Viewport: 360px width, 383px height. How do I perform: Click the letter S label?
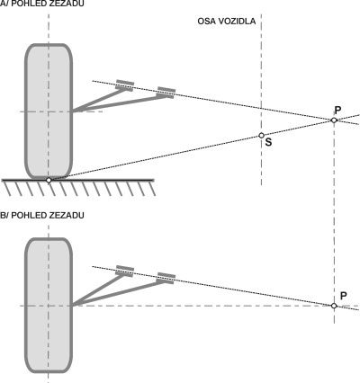pyautogui.click(x=268, y=142)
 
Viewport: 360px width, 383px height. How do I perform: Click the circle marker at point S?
pyautogui.click(x=261, y=136)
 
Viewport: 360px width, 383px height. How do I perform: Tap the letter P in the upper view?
pyautogui.click(x=337, y=111)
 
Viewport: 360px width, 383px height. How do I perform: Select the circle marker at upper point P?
pyautogui.click(x=334, y=120)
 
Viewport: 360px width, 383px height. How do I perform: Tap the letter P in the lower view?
pyautogui.click(x=344, y=296)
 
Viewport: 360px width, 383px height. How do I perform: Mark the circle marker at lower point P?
pyautogui.click(x=334, y=306)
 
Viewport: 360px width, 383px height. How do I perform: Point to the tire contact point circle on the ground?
pyautogui.click(x=49, y=180)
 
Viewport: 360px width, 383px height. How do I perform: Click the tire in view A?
pyautogui.click(x=49, y=111)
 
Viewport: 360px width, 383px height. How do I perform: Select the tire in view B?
pyautogui.click(x=49, y=306)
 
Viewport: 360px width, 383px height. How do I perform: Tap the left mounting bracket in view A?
pyautogui.click(x=125, y=85)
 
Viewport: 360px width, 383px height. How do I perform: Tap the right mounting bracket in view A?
pyautogui.click(x=166, y=93)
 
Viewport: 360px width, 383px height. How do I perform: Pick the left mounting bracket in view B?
pyautogui.click(x=125, y=271)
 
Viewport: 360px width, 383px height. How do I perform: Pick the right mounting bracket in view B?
pyautogui.click(x=166, y=278)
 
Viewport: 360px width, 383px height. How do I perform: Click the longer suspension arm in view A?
pyautogui.click(x=119, y=103)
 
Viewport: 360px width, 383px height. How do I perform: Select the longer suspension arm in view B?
pyautogui.click(x=119, y=294)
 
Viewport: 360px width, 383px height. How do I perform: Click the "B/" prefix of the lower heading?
pyautogui.click(x=4, y=215)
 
